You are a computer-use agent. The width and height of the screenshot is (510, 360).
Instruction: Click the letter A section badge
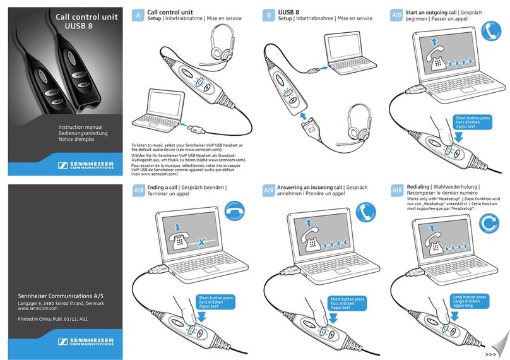point(138,15)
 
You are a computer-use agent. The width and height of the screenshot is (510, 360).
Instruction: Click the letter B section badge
point(268,15)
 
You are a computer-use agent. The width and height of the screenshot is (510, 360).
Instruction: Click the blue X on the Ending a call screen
point(201,242)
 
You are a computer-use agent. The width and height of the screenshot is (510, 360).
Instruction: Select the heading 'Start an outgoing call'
point(434,12)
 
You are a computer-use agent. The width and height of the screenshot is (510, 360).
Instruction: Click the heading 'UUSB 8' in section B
point(290,12)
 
